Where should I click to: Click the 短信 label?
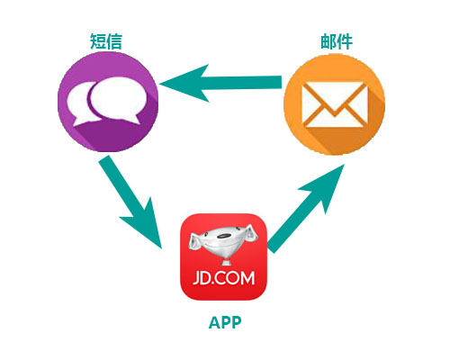pyautogui.click(x=106, y=41)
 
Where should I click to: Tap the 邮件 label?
pyautogui.click(x=337, y=41)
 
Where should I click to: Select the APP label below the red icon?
pyautogui.click(x=225, y=323)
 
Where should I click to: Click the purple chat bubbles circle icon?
pyautogui.click(x=108, y=102)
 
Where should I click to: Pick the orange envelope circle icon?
pyautogui.click(x=334, y=104)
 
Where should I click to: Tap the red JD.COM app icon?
pyautogui.click(x=223, y=256)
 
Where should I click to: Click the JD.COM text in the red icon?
pyautogui.click(x=224, y=278)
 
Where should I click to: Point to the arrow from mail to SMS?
pyautogui.click(x=220, y=83)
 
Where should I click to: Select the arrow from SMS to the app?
pyautogui.click(x=130, y=202)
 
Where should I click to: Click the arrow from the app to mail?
pyautogui.click(x=306, y=209)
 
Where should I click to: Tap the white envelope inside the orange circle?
pyautogui.click(x=335, y=104)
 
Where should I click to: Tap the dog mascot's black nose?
pyautogui.click(x=223, y=235)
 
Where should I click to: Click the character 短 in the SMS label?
pyautogui.click(x=98, y=41)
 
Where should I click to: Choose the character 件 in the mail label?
pyautogui.click(x=345, y=41)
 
